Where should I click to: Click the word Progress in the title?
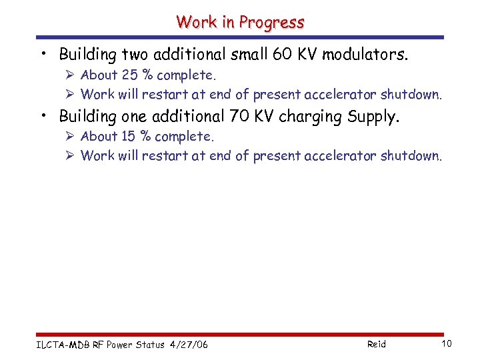272,22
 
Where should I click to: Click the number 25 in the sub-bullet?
129,75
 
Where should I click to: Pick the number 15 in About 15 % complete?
129,136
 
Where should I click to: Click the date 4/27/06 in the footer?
189,344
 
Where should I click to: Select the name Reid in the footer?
376,344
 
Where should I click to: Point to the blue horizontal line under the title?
240,37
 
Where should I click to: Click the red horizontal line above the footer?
240,334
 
